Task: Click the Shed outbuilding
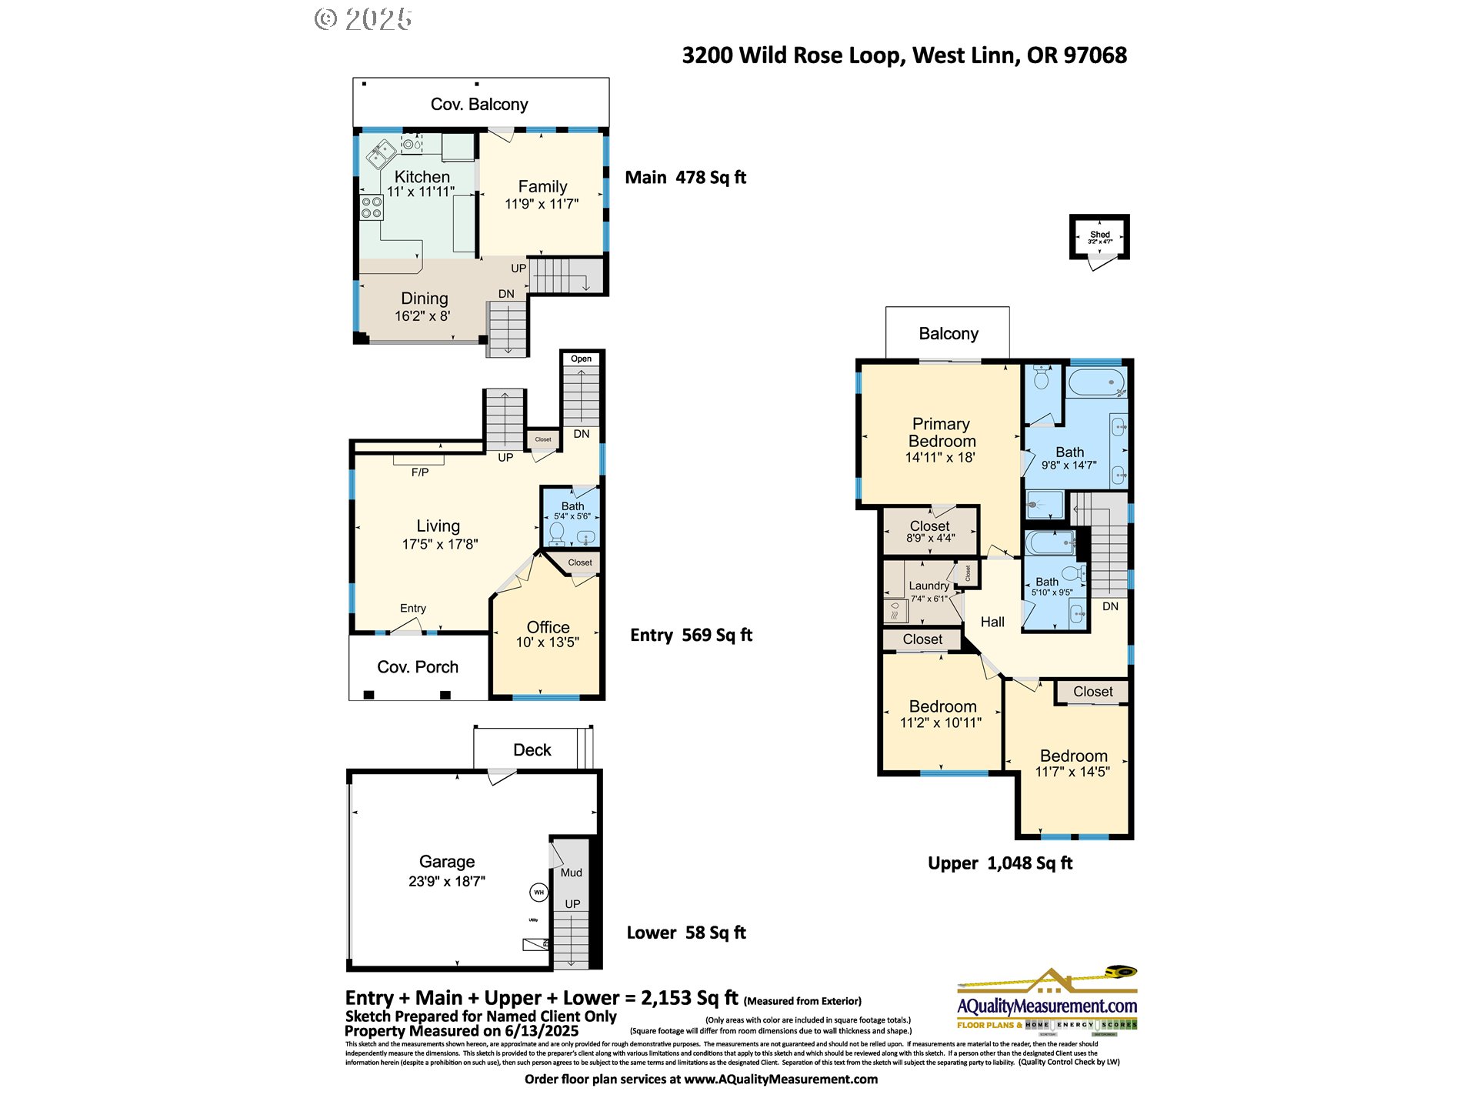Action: click(x=1099, y=237)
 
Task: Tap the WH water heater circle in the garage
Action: click(x=538, y=893)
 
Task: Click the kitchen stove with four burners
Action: click(x=372, y=208)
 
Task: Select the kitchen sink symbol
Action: click(x=381, y=153)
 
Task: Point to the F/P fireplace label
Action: click(x=420, y=472)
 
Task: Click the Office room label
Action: click(x=548, y=627)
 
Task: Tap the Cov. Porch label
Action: click(x=418, y=667)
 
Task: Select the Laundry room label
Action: click(x=929, y=586)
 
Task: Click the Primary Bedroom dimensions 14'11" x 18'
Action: click(x=940, y=458)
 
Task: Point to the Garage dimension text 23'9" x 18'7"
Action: click(x=447, y=882)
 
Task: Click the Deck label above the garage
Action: click(x=532, y=750)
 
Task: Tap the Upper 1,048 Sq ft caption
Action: click(x=999, y=863)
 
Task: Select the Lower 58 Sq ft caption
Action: click(x=686, y=933)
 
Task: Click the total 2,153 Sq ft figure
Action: click(x=688, y=998)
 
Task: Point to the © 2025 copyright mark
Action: click(x=363, y=19)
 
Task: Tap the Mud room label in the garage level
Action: click(x=571, y=873)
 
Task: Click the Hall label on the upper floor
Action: click(x=992, y=622)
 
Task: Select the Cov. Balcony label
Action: click(x=479, y=105)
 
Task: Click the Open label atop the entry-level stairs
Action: click(x=581, y=359)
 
